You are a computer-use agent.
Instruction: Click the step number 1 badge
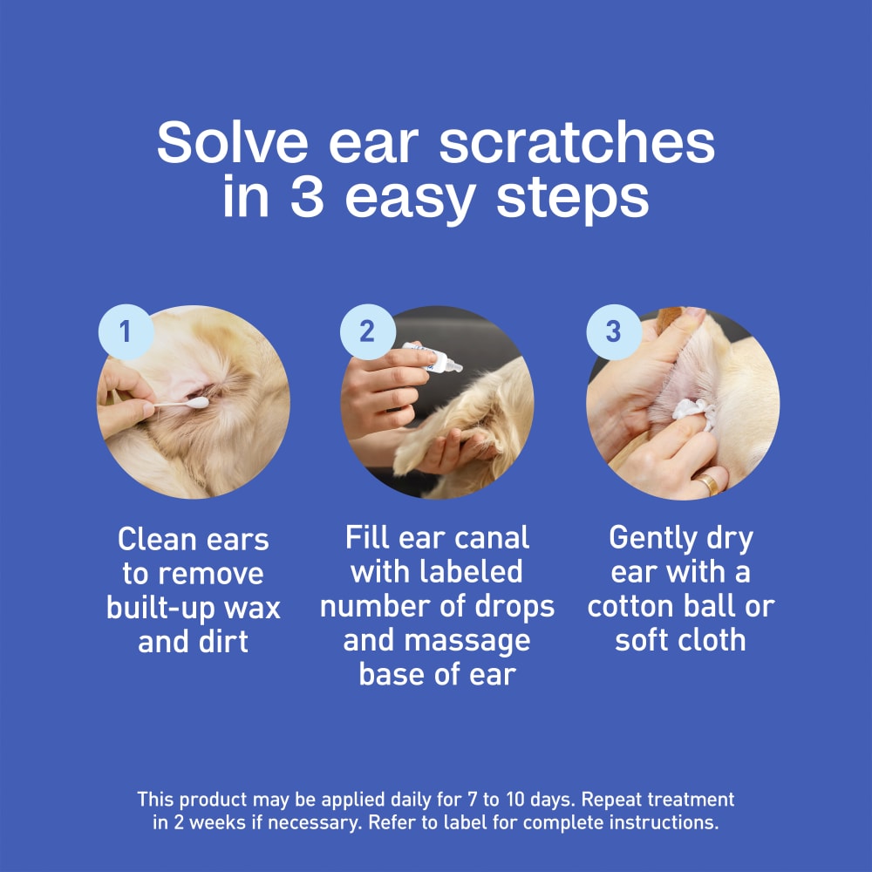click(125, 332)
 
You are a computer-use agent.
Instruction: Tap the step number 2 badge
click(367, 332)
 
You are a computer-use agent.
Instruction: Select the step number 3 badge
click(613, 332)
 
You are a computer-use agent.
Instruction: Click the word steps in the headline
click(573, 199)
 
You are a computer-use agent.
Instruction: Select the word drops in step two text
click(516, 606)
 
